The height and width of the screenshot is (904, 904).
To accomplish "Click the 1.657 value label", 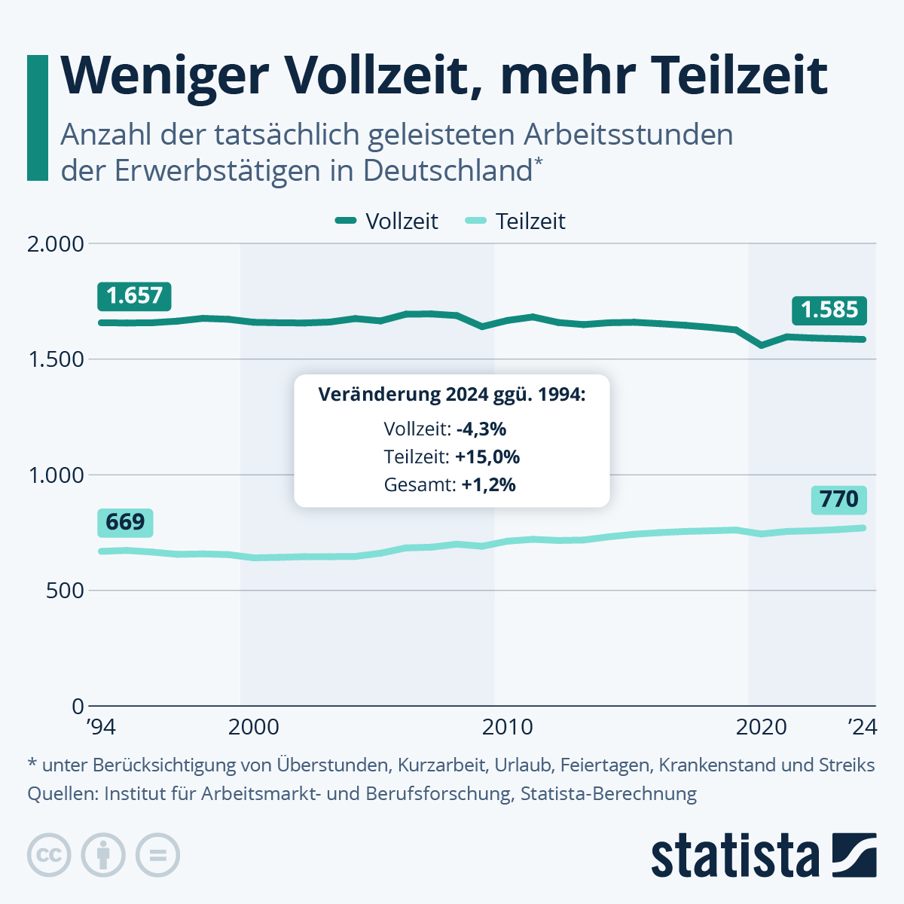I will tap(134, 295).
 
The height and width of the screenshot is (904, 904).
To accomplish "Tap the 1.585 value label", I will tap(829, 310).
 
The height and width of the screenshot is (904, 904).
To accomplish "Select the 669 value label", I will tap(125, 521).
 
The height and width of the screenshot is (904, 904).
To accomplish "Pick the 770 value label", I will tap(839, 499).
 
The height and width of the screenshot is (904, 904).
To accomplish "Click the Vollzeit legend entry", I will tap(387, 221).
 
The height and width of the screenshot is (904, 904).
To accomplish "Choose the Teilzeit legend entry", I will tap(516, 221).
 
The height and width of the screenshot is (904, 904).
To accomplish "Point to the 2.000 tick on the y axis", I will tap(55, 244).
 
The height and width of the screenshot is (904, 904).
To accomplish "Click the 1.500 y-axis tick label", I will tap(55, 359).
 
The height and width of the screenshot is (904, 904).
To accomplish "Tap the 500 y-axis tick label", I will tap(65, 591).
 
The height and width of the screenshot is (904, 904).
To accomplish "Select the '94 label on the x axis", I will tap(101, 727).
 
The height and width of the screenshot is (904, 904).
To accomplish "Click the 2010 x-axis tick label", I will tap(507, 727).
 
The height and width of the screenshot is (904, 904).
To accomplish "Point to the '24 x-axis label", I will tap(862, 727).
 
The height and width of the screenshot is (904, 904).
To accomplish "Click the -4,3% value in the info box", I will tap(481, 429).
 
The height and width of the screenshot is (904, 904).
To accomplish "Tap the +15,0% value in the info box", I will tap(487, 457).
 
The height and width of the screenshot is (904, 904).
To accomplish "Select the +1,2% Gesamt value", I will tap(489, 485).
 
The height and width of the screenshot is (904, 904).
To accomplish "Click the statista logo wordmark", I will tap(735, 856).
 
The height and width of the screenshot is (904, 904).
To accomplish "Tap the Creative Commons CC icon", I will tap(49, 856).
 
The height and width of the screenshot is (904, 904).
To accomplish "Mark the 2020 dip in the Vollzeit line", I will tap(762, 345).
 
